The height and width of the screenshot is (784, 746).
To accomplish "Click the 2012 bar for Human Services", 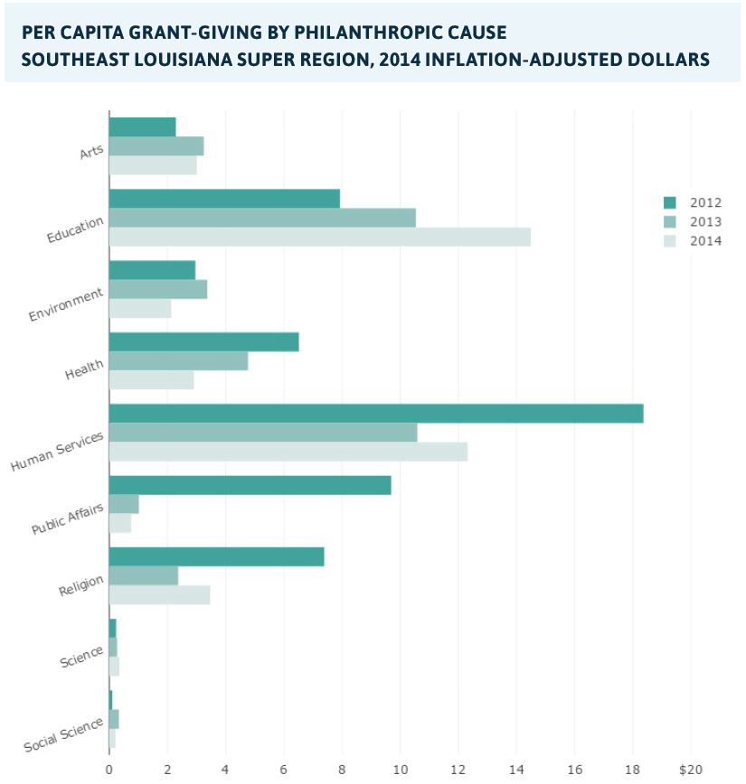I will pos(375,414).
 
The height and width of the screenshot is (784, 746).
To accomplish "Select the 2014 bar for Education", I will pos(319,237).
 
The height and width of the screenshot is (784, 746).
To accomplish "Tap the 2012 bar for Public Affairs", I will pos(250,485).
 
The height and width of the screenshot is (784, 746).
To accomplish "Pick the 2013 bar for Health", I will pos(178,361).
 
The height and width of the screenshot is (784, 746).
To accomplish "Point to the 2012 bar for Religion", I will pos(216,556).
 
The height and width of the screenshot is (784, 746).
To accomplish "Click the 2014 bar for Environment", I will pos(139,308).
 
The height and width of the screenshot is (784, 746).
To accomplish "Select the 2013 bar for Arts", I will pos(156,146).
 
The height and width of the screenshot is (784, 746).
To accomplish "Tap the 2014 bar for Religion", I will pos(159,594).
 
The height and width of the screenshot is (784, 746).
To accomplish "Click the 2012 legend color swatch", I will pos(670,201).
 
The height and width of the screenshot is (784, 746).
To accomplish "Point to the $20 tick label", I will pos(690,770).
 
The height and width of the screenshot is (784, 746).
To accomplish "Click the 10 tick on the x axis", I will pos(400,770).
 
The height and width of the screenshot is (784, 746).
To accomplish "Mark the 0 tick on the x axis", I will pos(109,770).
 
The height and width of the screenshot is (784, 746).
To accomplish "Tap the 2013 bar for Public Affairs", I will pos(124,504).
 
